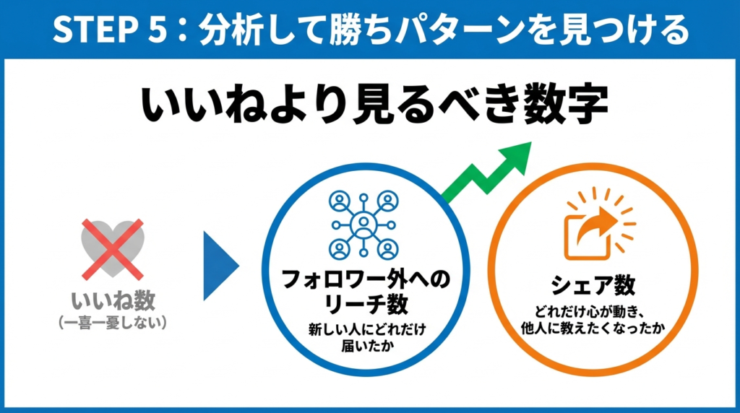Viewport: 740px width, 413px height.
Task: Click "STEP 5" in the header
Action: point(110,30)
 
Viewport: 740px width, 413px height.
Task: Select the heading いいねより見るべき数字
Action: point(374,104)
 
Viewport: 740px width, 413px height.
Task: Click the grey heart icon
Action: point(112,249)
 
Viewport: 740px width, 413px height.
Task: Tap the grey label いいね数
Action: point(113,300)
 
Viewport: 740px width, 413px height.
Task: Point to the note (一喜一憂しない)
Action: point(113,323)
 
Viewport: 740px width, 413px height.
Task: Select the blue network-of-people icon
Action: point(363,225)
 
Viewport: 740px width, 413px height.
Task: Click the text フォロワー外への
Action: point(366,279)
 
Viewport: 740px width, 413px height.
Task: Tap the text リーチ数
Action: point(366,304)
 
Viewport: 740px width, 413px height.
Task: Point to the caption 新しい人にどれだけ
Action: point(366,329)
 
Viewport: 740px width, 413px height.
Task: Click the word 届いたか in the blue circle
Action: point(367,346)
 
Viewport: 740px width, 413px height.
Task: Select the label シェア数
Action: point(593,285)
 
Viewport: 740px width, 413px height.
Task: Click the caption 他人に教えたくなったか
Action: point(593,328)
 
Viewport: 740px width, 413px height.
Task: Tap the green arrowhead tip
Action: point(531,142)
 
